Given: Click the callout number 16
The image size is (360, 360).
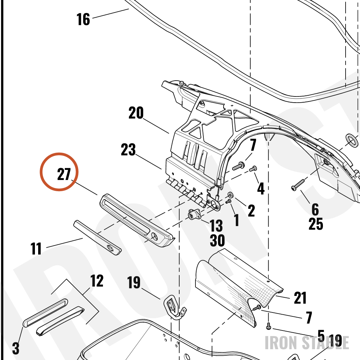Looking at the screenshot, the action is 83,19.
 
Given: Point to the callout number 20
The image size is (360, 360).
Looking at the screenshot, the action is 136,113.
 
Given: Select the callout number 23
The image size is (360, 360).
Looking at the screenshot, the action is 128,150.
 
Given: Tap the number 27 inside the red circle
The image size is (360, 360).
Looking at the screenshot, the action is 64,174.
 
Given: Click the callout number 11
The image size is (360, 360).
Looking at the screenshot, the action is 36,248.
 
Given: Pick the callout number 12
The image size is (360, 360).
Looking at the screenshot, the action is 97,280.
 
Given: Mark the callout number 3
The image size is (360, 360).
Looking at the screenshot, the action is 15,348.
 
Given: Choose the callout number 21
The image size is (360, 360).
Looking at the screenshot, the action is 300,298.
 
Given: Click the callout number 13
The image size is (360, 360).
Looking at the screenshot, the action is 216,225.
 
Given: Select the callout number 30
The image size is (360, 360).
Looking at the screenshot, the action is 217,240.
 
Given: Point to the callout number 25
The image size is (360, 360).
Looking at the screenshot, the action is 316,224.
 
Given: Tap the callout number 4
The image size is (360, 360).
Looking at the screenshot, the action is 261,189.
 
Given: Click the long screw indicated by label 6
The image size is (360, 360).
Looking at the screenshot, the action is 298,185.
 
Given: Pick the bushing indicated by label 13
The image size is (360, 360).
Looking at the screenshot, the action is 192,214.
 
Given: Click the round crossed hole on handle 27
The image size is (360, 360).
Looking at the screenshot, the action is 154,236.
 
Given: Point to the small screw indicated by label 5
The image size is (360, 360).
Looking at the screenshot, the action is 269,327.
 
